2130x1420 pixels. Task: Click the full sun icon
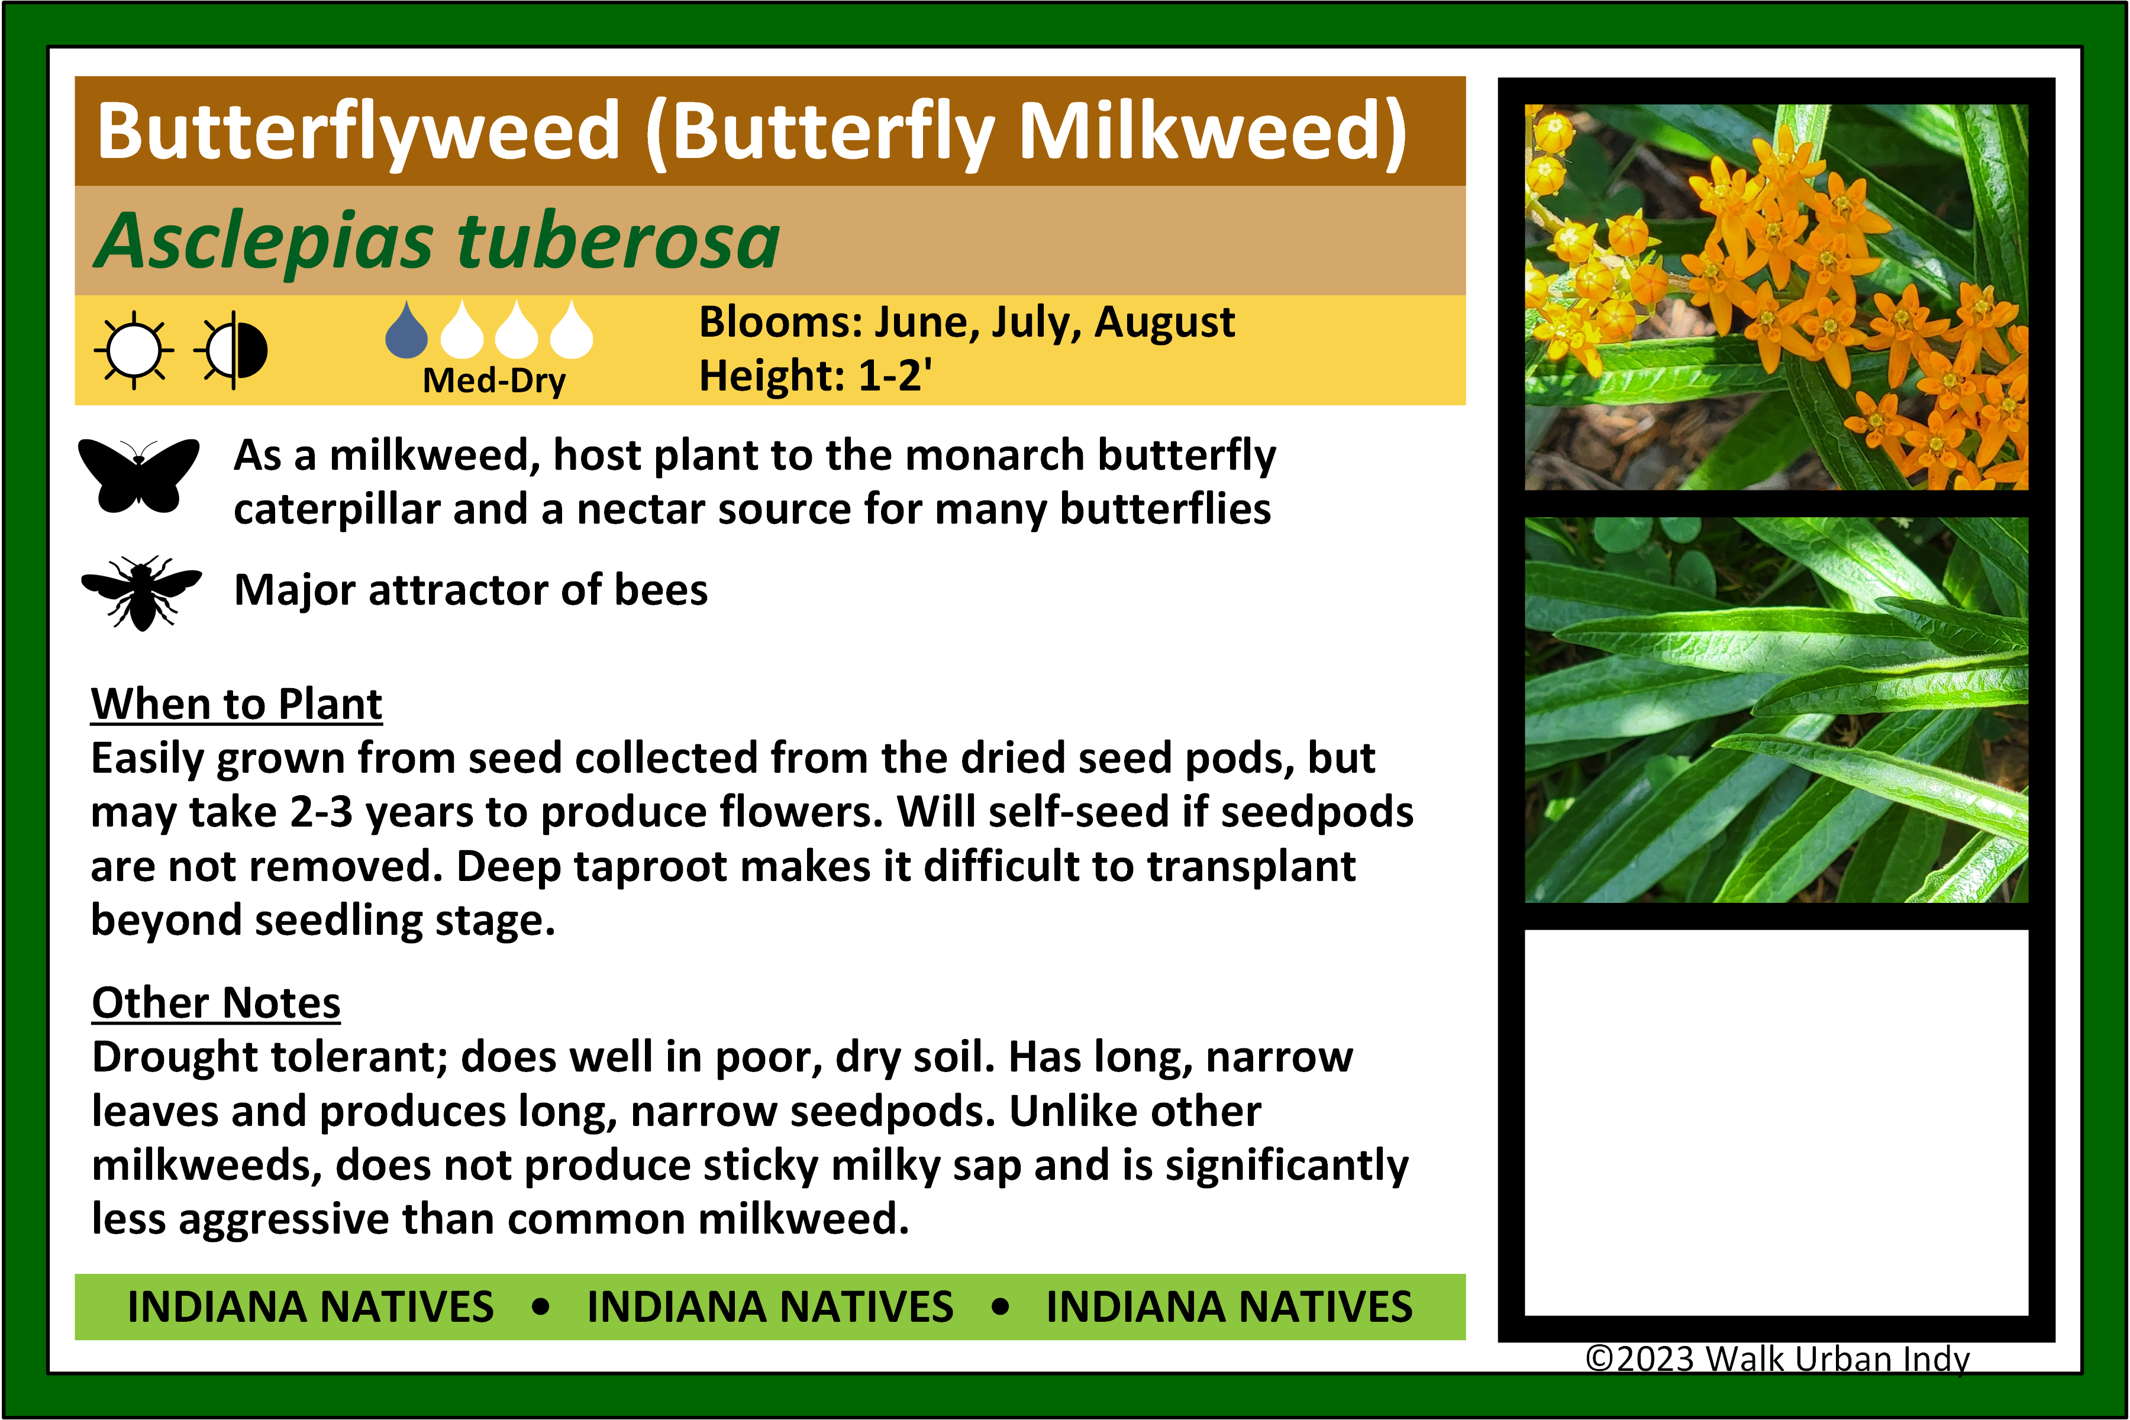click(134, 350)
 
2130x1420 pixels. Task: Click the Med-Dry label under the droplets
click(495, 380)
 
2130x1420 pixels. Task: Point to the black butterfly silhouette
click(138, 476)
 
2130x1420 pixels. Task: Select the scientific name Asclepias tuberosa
click(437, 241)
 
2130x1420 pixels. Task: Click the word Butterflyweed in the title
click(360, 132)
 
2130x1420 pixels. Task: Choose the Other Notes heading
click(217, 1002)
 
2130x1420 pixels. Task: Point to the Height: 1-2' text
click(816, 375)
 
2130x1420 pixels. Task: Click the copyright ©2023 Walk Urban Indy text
click(1777, 1358)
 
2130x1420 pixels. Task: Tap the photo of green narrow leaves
click(1776, 710)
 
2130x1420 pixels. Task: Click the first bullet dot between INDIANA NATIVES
click(541, 1307)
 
